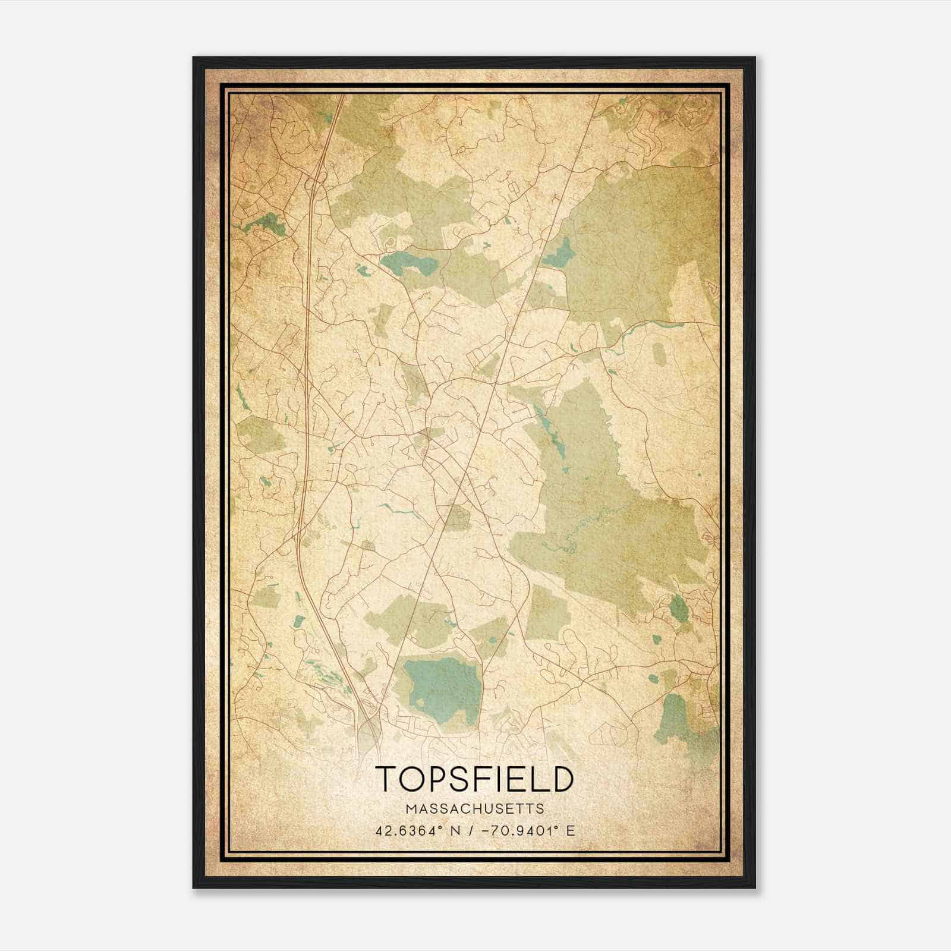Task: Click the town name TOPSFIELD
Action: point(474,779)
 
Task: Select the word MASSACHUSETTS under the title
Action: point(474,809)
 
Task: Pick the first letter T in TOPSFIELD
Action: point(386,779)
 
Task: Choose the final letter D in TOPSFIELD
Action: point(562,779)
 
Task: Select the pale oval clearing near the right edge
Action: point(659,354)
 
